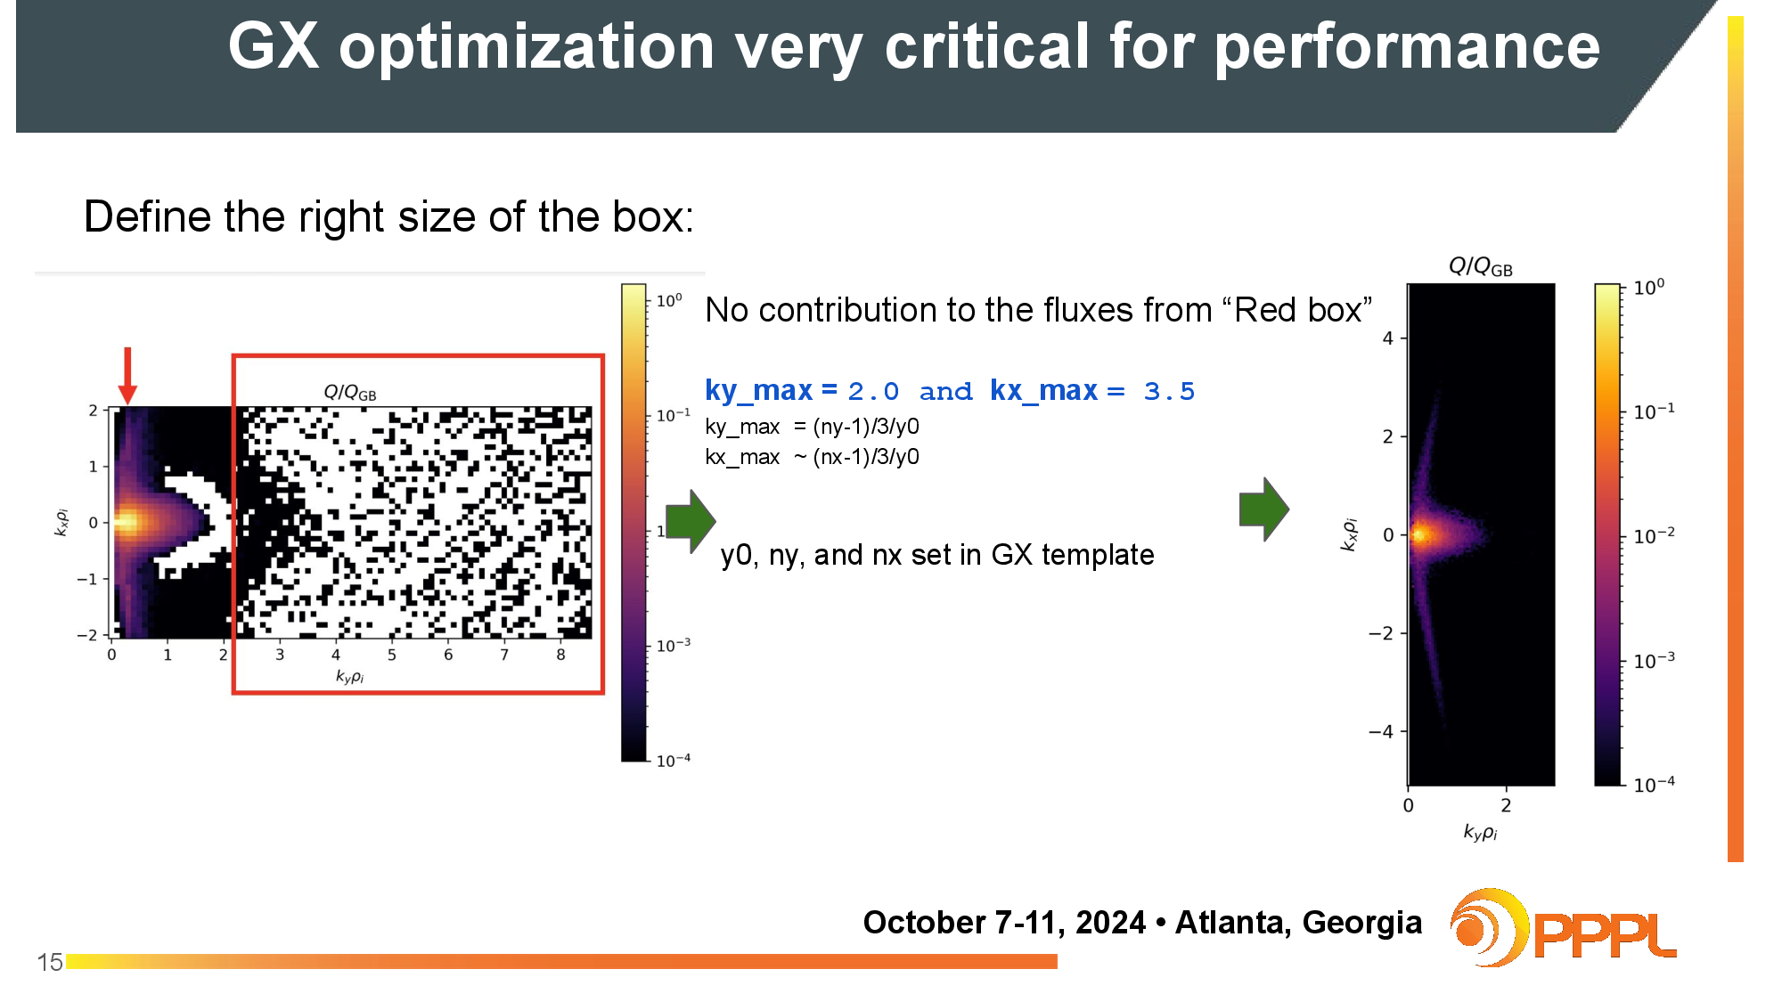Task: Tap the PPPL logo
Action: click(x=1563, y=928)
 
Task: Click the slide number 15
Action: click(x=50, y=962)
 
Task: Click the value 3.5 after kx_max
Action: click(x=1169, y=391)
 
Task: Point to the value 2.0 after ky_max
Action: click(x=873, y=391)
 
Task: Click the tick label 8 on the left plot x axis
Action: click(x=560, y=655)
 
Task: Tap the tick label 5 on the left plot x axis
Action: click(x=392, y=655)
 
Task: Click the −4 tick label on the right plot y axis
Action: click(x=1380, y=731)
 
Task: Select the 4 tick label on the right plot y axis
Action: click(x=1387, y=338)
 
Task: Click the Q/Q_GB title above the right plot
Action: click(x=1480, y=266)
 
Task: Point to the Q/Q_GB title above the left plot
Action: click(x=349, y=392)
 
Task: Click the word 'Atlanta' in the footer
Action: click(x=1233, y=922)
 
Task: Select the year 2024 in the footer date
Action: click(x=1110, y=922)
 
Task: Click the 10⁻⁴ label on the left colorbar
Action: click(x=674, y=760)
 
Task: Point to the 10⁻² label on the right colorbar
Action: click(x=1654, y=535)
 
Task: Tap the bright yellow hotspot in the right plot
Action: click(x=1419, y=534)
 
